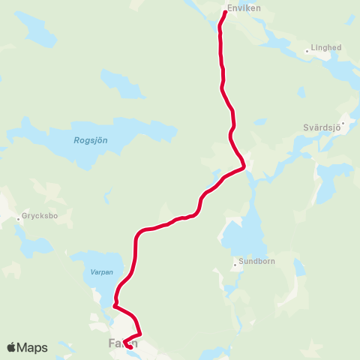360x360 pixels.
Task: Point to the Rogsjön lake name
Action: [90, 139]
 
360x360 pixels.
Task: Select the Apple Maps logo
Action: [27, 347]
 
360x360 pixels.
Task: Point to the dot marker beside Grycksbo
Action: [19, 220]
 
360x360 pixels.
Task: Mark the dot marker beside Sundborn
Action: [235, 263]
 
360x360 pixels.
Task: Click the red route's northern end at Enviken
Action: [226, 12]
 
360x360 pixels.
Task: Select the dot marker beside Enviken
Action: [226, 11]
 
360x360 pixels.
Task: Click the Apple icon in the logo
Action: [12, 347]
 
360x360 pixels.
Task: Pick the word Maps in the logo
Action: [33, 348]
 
